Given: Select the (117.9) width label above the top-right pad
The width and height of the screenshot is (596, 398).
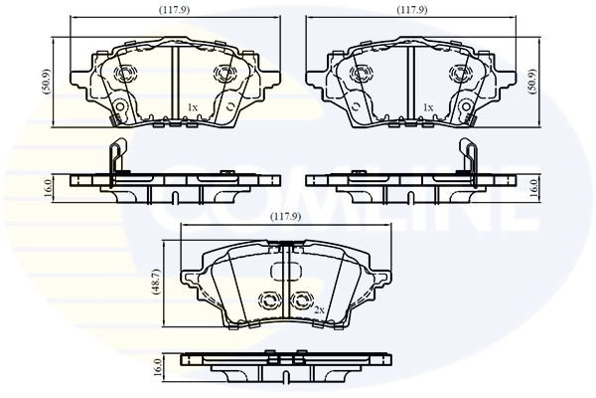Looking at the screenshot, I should click(412, 13).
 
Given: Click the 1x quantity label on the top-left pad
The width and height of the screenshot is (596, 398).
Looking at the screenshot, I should click(193, 106).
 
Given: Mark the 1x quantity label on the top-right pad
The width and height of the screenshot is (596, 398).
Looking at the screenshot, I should click(428, 106).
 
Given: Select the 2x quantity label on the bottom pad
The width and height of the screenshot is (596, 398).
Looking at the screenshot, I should click(319, 311).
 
